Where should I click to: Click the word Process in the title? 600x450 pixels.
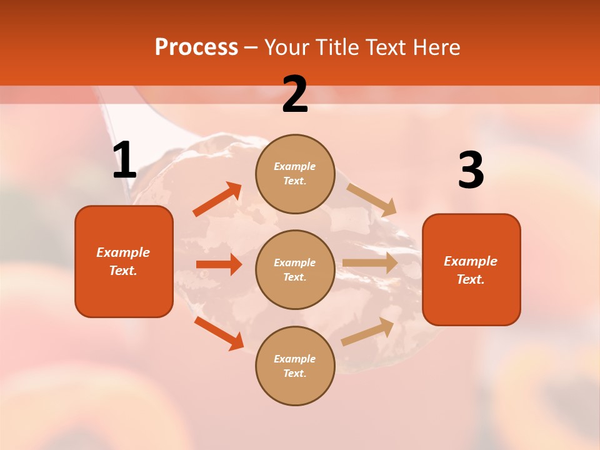(x=196, y=47)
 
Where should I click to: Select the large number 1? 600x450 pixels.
(x=124, y=161)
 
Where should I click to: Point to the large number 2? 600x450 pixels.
(x=295, y=94)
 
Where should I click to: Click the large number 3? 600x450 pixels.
(x=471, y=171)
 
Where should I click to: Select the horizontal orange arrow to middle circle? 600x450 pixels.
(x=219, y=264)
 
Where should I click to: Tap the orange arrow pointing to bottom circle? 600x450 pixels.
(x=219, y=332)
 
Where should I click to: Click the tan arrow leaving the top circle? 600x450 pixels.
(x=371, y=199)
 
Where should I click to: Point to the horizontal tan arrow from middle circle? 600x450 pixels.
(x=370, y=263)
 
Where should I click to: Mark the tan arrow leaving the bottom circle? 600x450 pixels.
(x=367, y=332)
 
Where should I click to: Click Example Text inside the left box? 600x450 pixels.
(x=124, y=261)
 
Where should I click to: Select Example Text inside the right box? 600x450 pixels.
(x=471, y=270)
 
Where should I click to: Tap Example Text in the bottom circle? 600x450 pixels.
(x=295, y=366)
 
